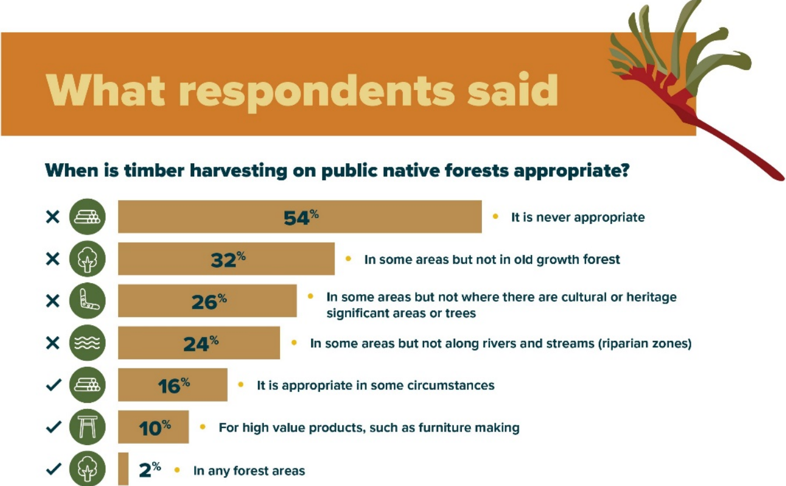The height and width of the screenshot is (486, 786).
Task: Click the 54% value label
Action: [x=301, y=217]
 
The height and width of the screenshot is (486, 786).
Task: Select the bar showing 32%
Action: [x=226, y=258]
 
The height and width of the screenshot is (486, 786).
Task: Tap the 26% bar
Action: [x=208, y=301]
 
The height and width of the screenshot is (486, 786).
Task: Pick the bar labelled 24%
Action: [x=199, y=343]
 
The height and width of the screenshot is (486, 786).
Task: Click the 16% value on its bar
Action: [x=174, y=385]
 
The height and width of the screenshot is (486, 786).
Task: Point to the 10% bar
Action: [x=153, y=427]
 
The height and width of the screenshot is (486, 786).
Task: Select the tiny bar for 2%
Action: [x=123, y=469]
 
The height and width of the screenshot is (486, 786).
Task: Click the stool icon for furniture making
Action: [x=87, y=427]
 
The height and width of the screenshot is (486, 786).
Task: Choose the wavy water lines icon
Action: [x=87, y=343]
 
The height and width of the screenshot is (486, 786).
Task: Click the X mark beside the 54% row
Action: [x=53, y=217]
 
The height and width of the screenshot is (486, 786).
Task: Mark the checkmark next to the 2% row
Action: [x=54, y=469]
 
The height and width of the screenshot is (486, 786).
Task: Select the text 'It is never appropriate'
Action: [x=578, y=217]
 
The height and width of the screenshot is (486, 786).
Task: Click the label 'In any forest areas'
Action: [x=249, y=471]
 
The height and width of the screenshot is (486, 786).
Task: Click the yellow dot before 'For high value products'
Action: [x=202, y=427]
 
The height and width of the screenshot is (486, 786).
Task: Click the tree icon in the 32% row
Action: [x=87, y=259]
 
